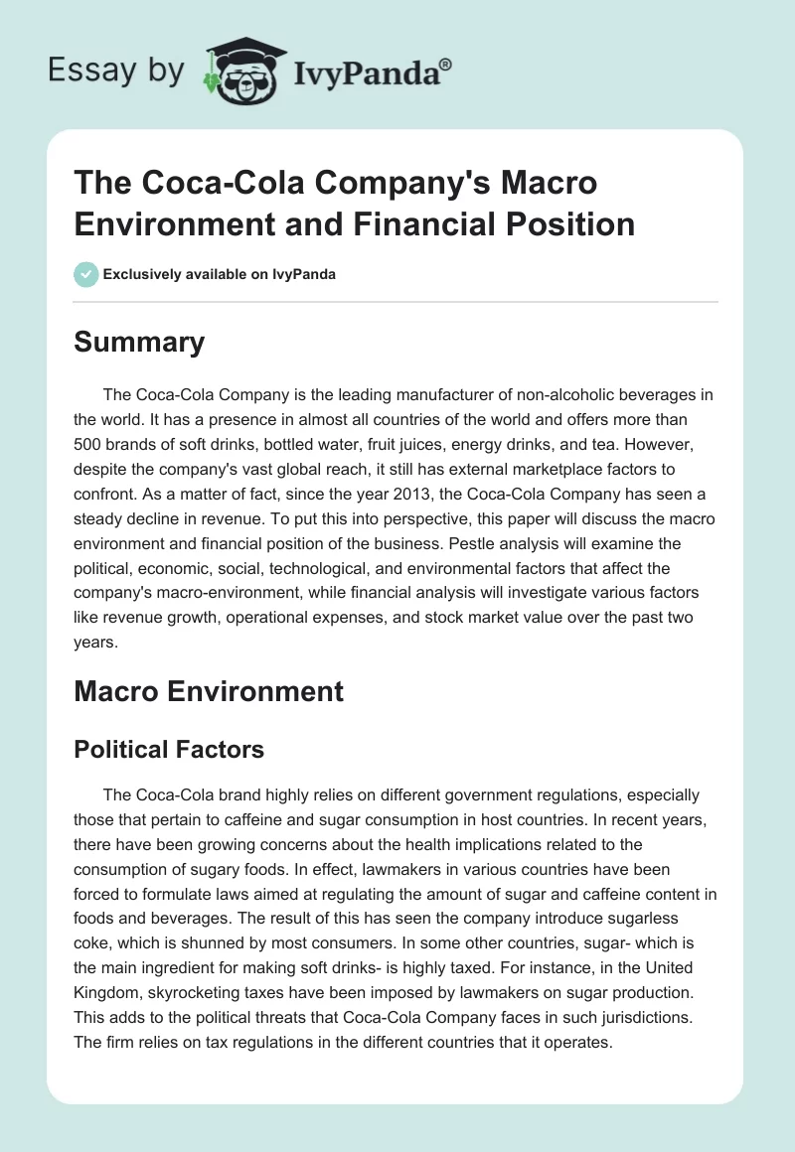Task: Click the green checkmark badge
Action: (x=85, y=274)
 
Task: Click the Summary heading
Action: (x=139, y=342)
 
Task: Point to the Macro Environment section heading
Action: (x=209, y=691)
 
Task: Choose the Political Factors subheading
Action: (x=169, y=749)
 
